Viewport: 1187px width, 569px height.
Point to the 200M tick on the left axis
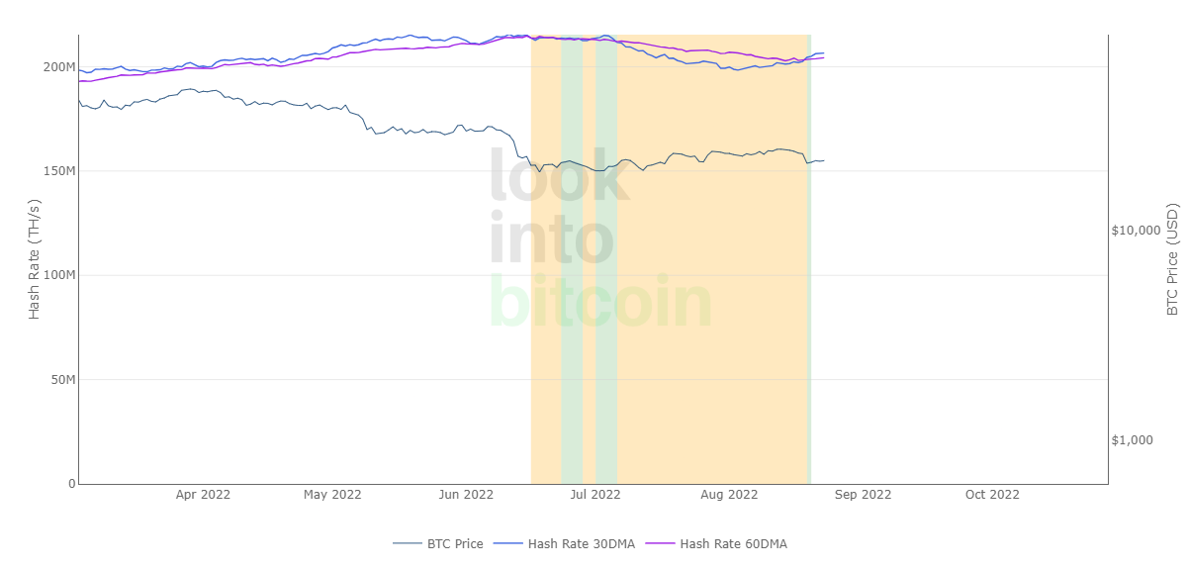(x=58, y=67)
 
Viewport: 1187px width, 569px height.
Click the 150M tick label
(x=58, y=171)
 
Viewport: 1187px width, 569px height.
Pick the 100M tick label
(x=58, y=275)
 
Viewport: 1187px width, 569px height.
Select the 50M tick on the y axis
(x=61, y=380)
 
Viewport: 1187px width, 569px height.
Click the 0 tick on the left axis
(x=71, y=484)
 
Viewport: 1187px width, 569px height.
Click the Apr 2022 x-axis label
(x=203, y=495)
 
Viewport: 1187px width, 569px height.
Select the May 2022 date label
(x=332, y=495)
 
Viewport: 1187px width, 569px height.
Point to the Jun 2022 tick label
(x=466, y=495)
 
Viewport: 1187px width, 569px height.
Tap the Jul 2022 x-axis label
(x=595, y=495)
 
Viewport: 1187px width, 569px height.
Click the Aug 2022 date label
(x=729, y=495)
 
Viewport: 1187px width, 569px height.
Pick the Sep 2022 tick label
(x=863, y=495)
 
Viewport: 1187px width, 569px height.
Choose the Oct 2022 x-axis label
(x=992, y=495)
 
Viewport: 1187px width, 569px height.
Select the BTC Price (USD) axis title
(x=1173, y=259)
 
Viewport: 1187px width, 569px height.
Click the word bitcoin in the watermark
(x=600, y=303)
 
